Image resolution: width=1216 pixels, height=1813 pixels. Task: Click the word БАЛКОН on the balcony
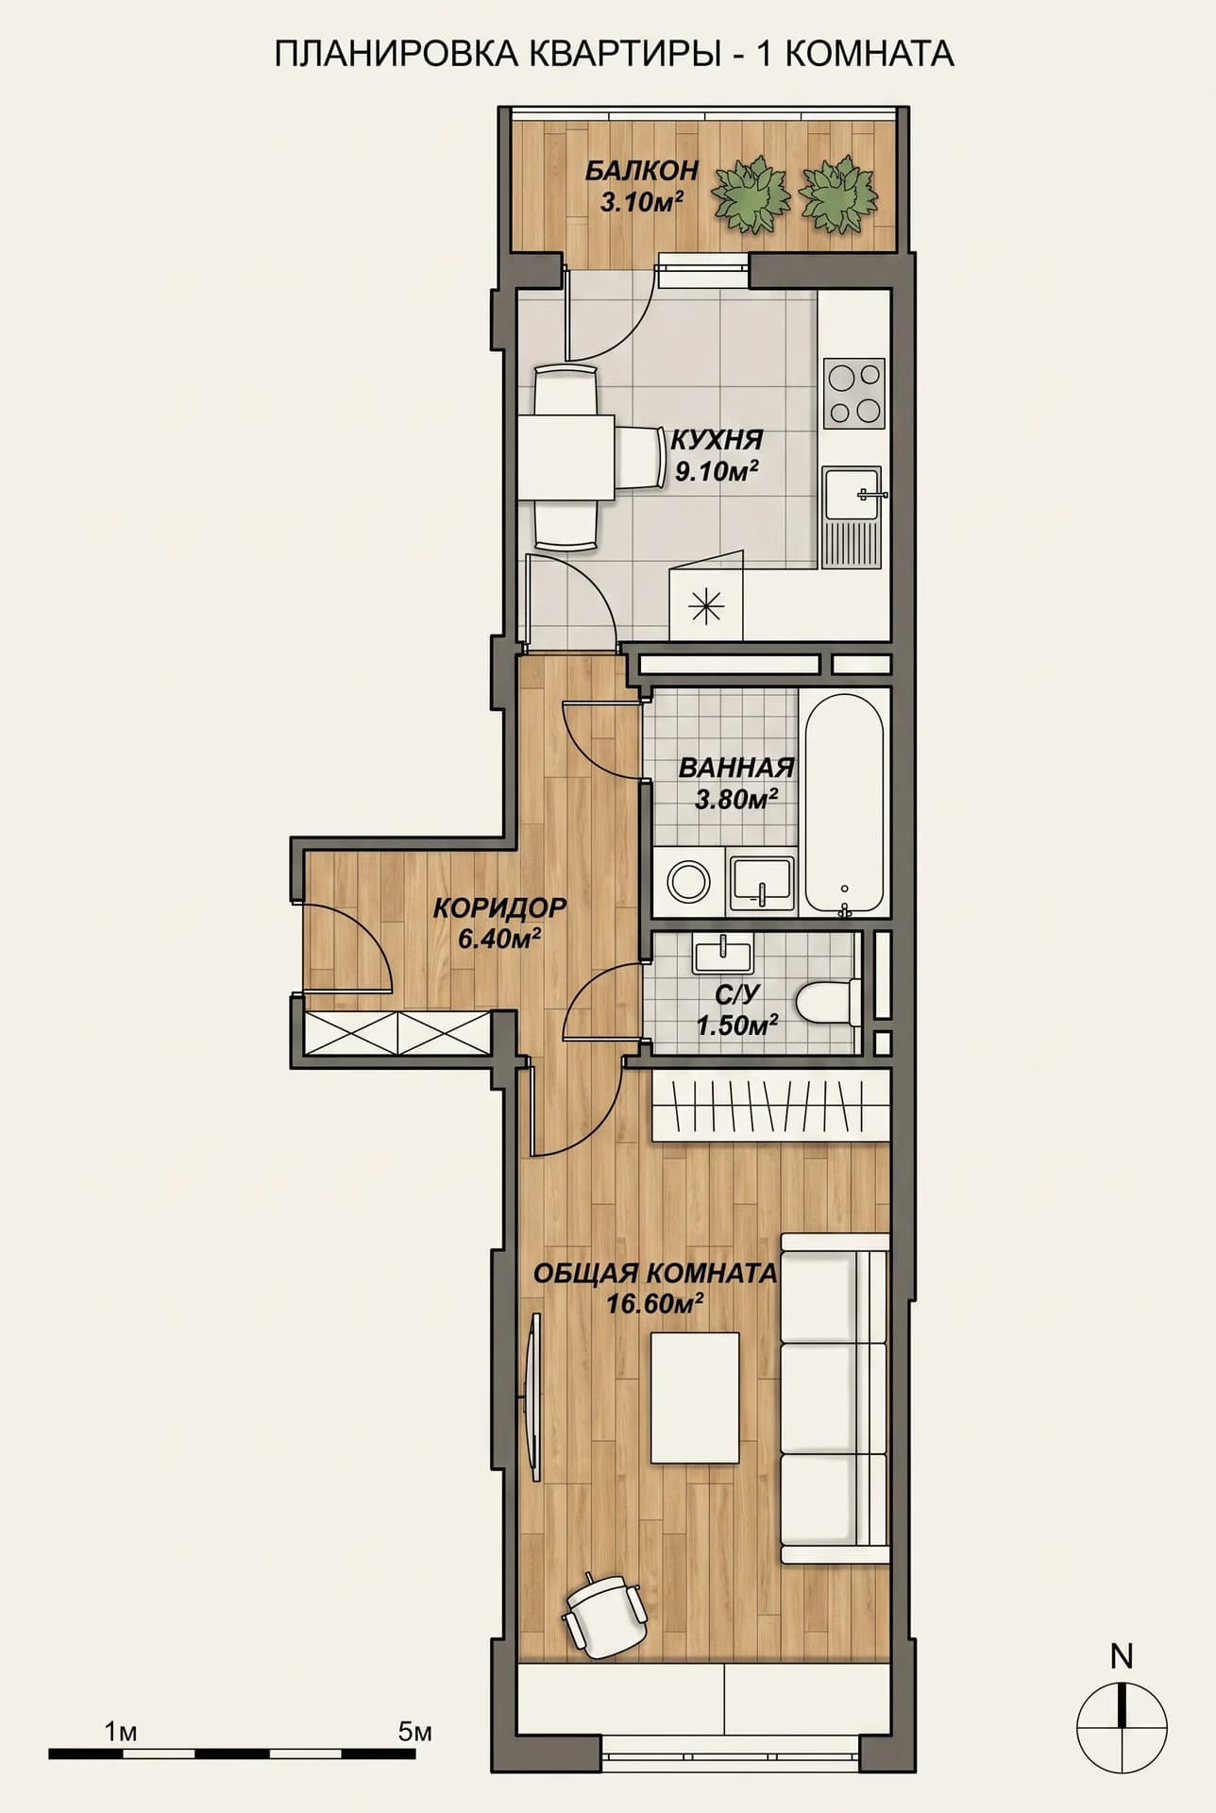point(641,171)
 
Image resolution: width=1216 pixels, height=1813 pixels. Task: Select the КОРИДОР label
point(499,908)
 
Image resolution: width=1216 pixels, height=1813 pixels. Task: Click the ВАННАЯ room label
point(736,768)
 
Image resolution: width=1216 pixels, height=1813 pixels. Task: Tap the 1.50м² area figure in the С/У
point(737,1024)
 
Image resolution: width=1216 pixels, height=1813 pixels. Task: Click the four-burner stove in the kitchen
point(854,392)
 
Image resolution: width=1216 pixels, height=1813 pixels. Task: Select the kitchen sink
point(853,517)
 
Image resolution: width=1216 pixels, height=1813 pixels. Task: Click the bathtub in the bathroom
point(844,803)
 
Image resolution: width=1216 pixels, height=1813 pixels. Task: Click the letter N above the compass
point(1122,1656)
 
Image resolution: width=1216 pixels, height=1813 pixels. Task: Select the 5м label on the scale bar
point(415,1732)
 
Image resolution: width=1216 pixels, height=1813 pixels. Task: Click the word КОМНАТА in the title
point(870,55)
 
